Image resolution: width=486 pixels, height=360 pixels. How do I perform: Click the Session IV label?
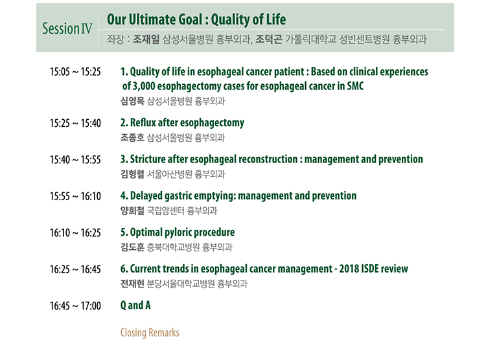click(x=67, y=28)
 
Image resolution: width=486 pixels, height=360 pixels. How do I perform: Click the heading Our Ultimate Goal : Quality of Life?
click(x=196, y=19)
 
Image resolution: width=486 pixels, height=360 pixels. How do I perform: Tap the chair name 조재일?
click(x=146, y=39)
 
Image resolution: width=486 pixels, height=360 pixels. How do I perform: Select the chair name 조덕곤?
click(x=268, y=39)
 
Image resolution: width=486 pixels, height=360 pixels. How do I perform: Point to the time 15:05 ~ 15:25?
click(x=75, y=72)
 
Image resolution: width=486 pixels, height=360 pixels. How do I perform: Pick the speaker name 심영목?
click(x=132, y=101)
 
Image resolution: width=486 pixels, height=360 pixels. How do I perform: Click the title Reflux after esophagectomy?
click(x=187, y=122)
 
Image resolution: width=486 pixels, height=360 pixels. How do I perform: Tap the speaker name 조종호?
click(x=132, y=137)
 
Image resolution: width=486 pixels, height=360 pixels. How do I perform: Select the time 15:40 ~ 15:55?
click(x=75, y=160)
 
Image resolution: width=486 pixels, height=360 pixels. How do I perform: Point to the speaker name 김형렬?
click(x=132, y=174)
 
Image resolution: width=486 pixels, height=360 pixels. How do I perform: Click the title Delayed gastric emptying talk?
click(x=243, y=196)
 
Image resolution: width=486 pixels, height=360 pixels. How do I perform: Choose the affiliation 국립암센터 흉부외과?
click(x=182, y=210)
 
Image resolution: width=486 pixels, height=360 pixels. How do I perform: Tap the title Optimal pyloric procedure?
click(x=182, y=232)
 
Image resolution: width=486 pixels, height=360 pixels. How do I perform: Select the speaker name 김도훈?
click(x=132, y=247)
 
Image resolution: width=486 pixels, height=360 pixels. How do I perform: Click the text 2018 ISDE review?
click(x=373, y=269)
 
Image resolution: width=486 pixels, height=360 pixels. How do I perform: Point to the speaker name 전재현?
click(x=132, y=284)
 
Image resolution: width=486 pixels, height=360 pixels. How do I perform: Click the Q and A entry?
click(x=135, y=305)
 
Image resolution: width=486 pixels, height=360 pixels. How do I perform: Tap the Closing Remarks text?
click(x=150, y=332)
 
